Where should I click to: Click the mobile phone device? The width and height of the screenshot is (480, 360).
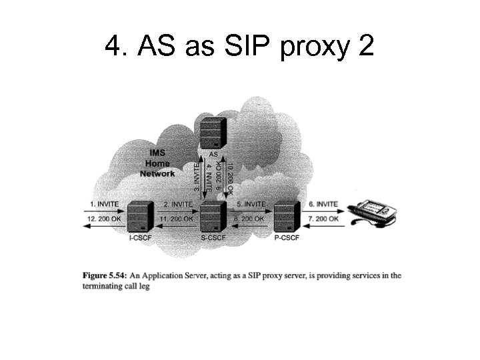375,211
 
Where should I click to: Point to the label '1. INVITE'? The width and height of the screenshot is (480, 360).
104,203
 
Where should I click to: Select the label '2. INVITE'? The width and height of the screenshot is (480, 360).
177,203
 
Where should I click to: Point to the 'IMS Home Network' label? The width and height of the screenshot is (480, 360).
157,163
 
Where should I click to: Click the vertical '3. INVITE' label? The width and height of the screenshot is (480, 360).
197,175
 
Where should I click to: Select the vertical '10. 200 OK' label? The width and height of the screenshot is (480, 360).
229,175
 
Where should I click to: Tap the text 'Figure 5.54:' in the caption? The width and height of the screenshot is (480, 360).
104,275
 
